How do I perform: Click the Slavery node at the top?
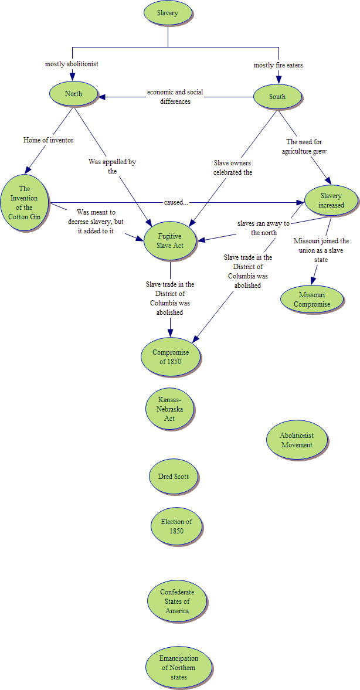[x=168, y=13]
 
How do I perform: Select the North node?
[x=73, y=93]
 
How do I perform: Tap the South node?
[x=277, y=96]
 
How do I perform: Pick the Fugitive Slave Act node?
[x=169, y=240]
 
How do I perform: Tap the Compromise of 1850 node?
[x=171, y=356]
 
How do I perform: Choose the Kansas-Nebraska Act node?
[x=169, y=409]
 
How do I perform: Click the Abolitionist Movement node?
[x=297, y=440]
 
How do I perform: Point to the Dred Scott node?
[x=174, y=477]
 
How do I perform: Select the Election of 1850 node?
[x=176, y=526]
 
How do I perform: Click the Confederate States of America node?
[x=176, y=601]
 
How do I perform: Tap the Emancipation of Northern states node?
[x=179, y=668]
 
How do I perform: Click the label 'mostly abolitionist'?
[x=72, y=64]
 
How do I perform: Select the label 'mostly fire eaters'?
[x=279, y=65]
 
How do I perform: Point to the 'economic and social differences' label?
[x=175, y=97]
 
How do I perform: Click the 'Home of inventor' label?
[x=49, y=140]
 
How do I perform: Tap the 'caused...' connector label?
[x=176, y=202]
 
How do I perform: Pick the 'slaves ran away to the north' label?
[x=263, y=228]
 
